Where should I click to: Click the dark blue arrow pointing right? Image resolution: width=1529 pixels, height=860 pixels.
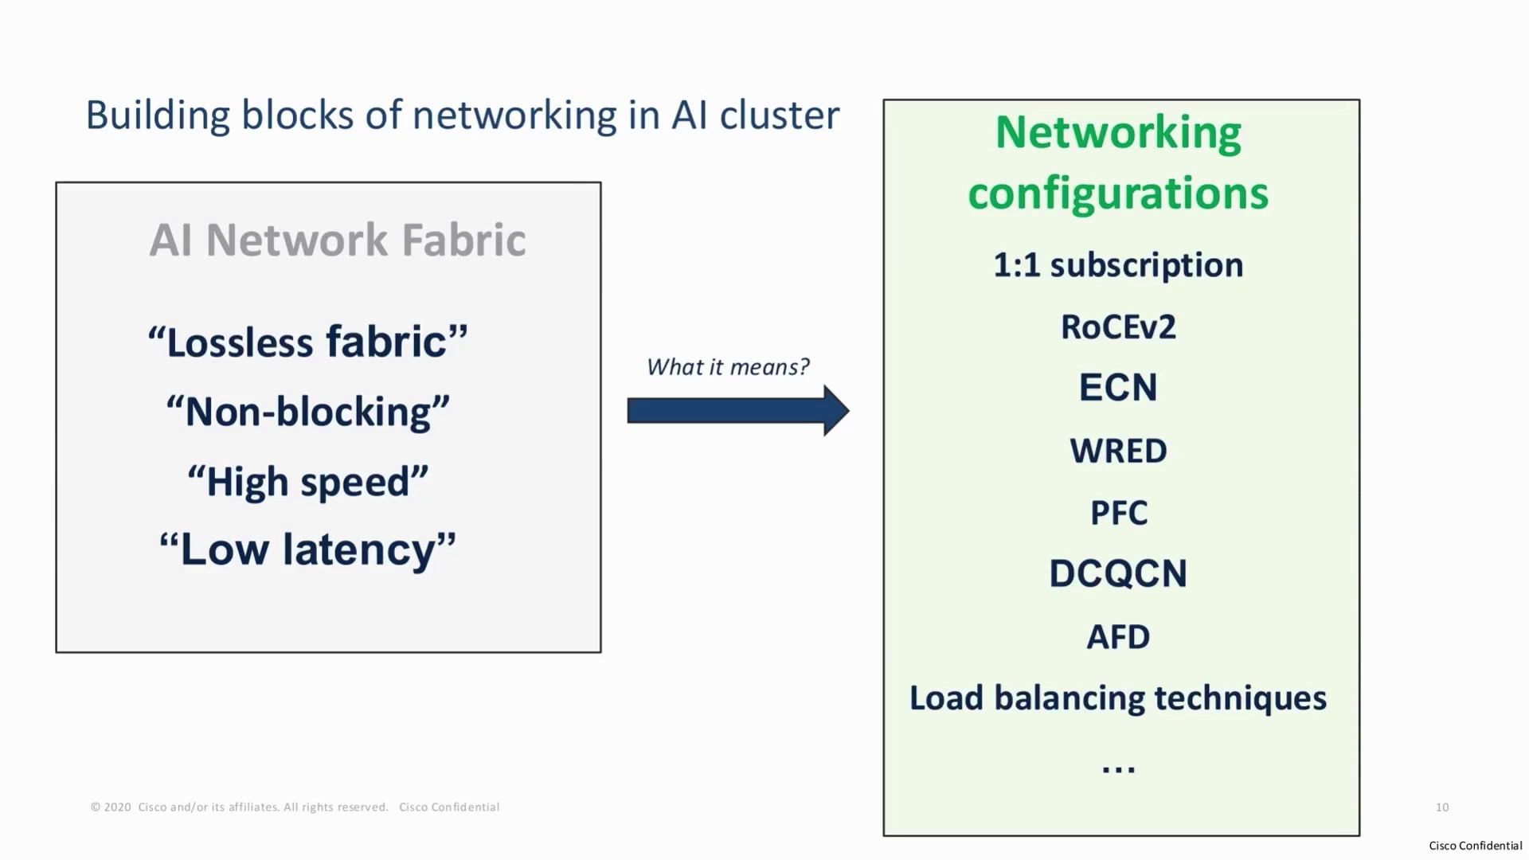(x=738, y=411)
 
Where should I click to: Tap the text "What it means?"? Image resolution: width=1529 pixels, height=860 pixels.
(x=728, y=367)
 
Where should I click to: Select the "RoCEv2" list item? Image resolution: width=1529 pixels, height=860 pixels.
(x=1118, y=326)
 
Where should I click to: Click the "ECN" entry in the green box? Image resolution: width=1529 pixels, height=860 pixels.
(x=1118, y=388)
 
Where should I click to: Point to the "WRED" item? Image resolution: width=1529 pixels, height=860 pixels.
(x=1118, y=451)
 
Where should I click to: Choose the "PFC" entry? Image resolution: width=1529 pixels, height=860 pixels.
(x=1119, y=513)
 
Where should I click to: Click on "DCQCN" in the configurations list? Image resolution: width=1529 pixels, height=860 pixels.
(x=1118, y=573)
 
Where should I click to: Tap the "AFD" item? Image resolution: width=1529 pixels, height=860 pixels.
(x=1118, y=637)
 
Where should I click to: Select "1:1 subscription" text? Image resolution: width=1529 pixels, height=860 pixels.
(x=1118, y=265)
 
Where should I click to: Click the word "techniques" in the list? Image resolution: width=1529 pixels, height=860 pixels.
(x=1241, y=698)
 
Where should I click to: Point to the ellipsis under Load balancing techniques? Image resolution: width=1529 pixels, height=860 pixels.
(x=1118, y=769)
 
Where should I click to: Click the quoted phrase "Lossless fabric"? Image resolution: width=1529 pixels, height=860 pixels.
(x=307, y=342)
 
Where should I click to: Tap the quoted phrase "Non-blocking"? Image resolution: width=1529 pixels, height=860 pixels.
(x=307, y=412)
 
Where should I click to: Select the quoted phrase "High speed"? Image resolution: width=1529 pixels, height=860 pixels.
(x=307, y=482)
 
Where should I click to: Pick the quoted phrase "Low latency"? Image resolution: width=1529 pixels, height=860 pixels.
(x=307, y=549)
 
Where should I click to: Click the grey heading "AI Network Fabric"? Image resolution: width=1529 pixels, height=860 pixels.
(x=338, y=240)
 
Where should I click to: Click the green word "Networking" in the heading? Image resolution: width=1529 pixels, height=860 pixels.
(x=1118, y=133)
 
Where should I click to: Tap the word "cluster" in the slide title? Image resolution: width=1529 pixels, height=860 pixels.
(x=780, y=115)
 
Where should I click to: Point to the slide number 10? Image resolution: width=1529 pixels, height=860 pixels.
(x=1442, y=807)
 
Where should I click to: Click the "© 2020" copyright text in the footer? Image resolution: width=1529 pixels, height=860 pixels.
(x=111, y=807)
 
